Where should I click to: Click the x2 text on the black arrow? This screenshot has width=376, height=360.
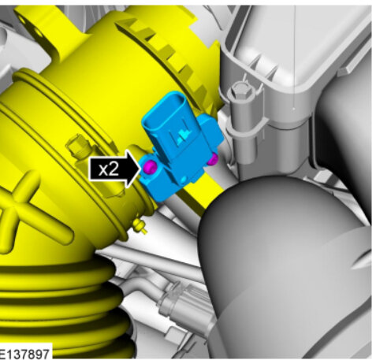tap(109, 169)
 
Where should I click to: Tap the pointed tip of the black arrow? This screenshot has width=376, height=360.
tap(140, 169)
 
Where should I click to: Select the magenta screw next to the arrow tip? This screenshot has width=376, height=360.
tap(151, 167)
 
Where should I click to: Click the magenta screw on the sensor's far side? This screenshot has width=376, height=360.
tap(213, 159)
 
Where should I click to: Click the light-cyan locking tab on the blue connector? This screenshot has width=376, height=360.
tap(183, 137)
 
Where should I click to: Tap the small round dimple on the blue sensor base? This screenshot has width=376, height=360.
tap(183, 180)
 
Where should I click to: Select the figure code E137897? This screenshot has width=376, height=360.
tap(24, 354)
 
